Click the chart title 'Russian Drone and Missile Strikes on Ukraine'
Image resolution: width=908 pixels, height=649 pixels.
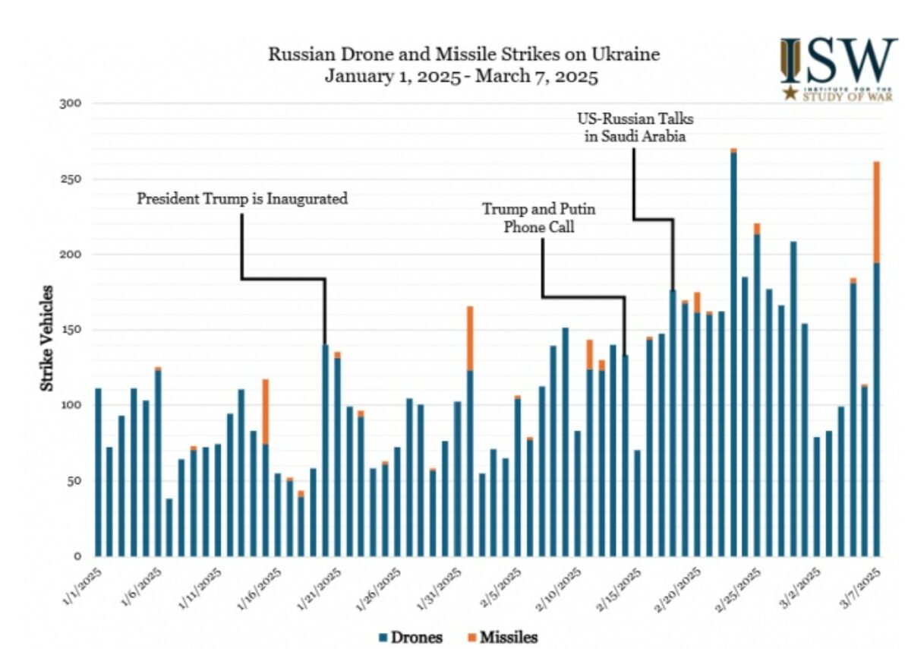click(463, 55)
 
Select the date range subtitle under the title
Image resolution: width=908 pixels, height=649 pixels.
click(462, 76)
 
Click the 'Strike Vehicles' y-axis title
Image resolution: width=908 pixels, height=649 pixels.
click(47, 338)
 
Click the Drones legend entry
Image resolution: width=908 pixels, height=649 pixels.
click(411, 636)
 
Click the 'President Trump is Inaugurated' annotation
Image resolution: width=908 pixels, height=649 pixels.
click(242, 199)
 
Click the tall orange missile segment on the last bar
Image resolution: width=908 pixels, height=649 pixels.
click(877, 212)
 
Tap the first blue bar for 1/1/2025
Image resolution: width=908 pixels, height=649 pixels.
click(99, 471)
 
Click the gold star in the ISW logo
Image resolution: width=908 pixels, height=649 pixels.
click(790, 93)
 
